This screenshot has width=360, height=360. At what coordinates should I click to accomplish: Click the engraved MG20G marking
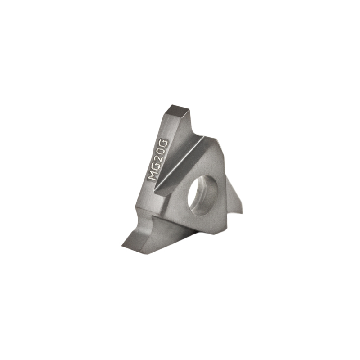[x=158, y=160]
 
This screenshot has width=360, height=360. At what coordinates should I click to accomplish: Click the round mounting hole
[x=203, y=195]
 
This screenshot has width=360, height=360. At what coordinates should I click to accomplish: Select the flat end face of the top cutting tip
[x=179, y=111]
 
